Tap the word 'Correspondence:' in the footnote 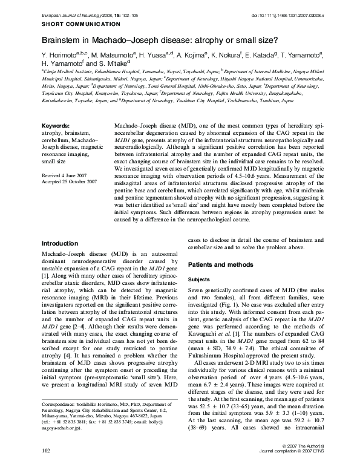click(61, 420)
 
